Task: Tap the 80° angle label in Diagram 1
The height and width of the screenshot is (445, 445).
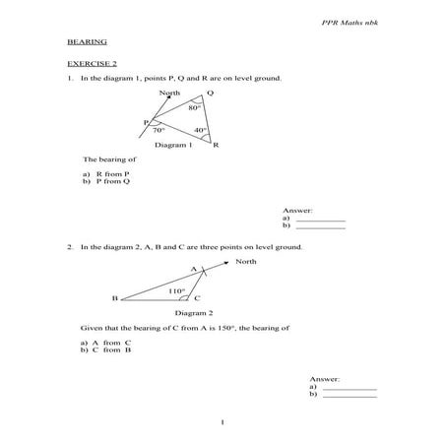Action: pyautogui.click(x=196, y=108)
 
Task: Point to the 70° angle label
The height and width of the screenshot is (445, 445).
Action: pyautogui.click(x=159, y=129)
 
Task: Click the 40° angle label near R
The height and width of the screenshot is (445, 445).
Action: pyautogui.click(x=201, y=130)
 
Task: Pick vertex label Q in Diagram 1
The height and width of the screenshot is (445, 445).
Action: pyautogui.click(x=210, y=94)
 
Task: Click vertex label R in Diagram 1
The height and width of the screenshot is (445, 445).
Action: pyautogui.click(x=216, y=145)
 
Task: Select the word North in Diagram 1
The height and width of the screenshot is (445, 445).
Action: pyautogui.click(x=168, y=93)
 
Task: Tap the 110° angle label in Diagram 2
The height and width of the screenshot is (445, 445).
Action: pyautogui.click(x=176, y=290)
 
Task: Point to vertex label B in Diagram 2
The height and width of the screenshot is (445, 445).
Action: pyautogui.click(x=115, y=297)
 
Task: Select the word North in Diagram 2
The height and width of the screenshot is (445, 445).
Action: pyautogui.click(x=245, y=261)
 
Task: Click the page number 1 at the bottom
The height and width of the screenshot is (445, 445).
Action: pyautogui.click(x=223, y=422)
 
